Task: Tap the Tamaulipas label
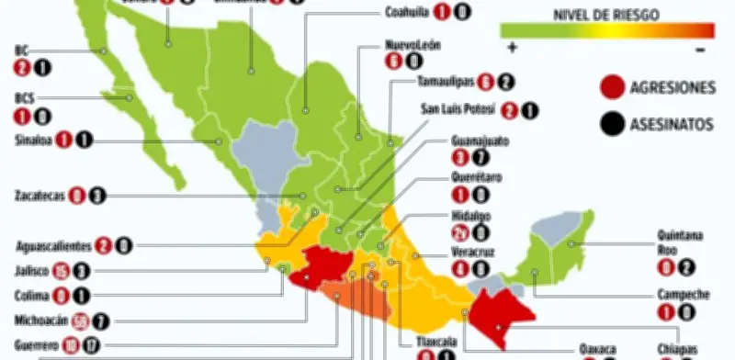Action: (445, 81)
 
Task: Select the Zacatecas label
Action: (38, 195)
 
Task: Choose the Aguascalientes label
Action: (52, 246)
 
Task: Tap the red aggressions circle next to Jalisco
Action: (61, 271)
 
